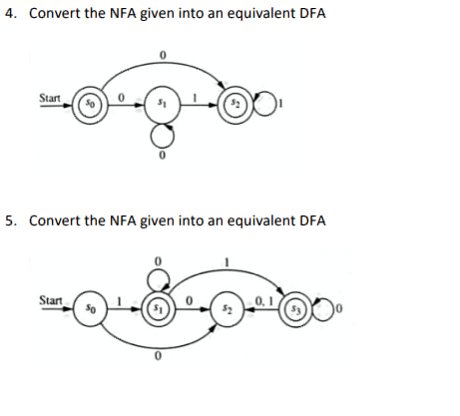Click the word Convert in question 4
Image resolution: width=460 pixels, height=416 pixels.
click(x=54, y=14)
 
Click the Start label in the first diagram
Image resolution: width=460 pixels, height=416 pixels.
click(x=49, y=98)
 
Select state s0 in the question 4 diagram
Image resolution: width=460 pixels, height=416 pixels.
click(x=88, y=104)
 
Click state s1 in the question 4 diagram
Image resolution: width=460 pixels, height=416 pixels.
click(x=160, y=104)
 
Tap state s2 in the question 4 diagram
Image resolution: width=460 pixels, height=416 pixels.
click(x=231, y=104)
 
